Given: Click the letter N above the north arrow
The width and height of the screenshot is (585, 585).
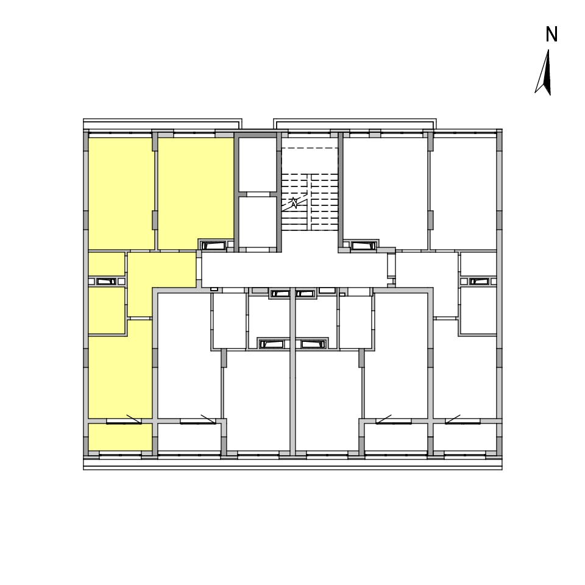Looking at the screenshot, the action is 551,34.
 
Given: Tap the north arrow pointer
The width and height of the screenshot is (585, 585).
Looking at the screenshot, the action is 544,73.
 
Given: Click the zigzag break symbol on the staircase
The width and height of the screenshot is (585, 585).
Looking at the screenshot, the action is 294,203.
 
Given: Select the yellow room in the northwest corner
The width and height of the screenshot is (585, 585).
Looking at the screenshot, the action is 121,193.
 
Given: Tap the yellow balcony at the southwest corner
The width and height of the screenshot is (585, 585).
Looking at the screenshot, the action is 120,437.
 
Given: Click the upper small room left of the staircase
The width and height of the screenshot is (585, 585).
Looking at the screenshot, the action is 257,165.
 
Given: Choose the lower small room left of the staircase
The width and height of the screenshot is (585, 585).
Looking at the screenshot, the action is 257,222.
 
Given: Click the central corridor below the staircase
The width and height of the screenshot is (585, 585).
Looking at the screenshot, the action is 295,269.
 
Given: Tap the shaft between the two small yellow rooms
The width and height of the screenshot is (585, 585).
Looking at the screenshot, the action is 106,282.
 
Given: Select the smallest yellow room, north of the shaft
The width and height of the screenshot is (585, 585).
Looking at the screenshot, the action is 106,264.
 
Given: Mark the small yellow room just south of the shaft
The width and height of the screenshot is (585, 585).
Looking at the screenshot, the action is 106,310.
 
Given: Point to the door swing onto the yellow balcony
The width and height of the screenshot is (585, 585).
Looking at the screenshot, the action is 133,419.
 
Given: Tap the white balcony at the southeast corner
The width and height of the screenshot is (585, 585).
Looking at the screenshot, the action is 465,437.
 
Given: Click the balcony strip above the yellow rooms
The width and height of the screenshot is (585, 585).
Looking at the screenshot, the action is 162,124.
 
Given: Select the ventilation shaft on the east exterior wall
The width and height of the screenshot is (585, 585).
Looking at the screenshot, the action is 479,282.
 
